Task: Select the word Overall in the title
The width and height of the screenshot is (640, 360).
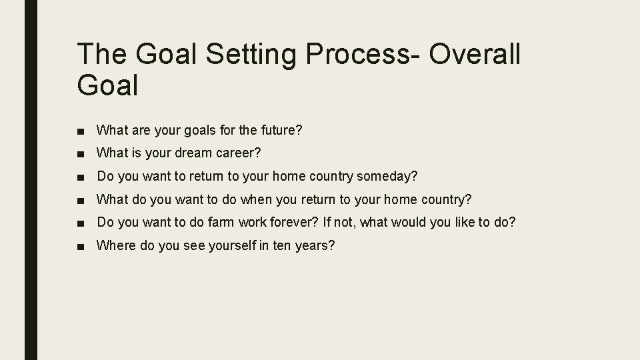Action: (475, 55)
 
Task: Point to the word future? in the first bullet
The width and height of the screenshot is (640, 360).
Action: (280, 130)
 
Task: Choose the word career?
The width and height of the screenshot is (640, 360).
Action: (239, 153)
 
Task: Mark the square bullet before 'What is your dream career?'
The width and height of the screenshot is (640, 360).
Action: (80, 153)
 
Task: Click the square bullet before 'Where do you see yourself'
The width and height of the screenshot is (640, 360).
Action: (80, 246)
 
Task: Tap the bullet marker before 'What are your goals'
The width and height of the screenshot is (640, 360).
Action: (80, 131)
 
